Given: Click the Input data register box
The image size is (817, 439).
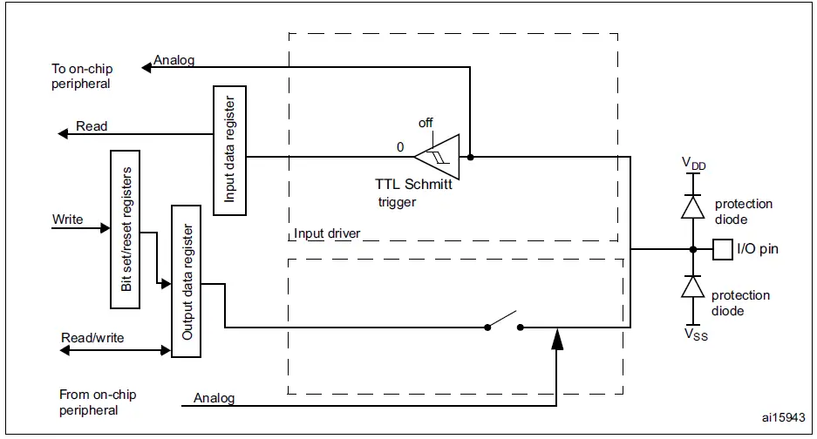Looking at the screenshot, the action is (x=230, y=151).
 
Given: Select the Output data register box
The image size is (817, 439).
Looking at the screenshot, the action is (x=186, y=281).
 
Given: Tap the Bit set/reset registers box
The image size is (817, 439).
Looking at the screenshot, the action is (x=125, y=229).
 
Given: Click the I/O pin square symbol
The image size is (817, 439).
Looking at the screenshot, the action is (x=723, y=249).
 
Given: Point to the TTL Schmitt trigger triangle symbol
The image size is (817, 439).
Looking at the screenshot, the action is (x=438, y=156).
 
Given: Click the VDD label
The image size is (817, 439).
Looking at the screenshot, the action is (x=693, y=164).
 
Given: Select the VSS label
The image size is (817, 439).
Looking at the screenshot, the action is (x=696, y=334).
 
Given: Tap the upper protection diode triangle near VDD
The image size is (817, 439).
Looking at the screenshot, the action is (x=693, y=206).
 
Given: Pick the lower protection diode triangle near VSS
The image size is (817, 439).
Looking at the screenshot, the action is (x=693, y=287).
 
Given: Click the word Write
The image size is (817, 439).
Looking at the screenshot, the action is (x=67, y=219).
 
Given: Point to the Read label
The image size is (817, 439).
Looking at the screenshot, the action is (x=92, y=126).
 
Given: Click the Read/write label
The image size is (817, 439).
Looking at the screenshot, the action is (x=92, y=338).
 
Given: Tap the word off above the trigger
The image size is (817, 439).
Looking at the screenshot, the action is (x=426, y=123).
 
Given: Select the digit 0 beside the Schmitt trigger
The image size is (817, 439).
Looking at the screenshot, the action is (x=400, y=147).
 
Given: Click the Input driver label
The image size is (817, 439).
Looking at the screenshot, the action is (x=327, y=233).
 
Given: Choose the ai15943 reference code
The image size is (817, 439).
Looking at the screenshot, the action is (x=783, y=417).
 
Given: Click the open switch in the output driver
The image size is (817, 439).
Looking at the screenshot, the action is (x=503, y=321).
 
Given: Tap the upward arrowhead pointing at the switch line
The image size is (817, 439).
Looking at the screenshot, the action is (x=557, y=339).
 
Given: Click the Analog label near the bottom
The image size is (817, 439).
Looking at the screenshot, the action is (x=214, y=398).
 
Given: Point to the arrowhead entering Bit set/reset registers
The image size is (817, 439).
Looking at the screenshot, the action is (x=105, y=228).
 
